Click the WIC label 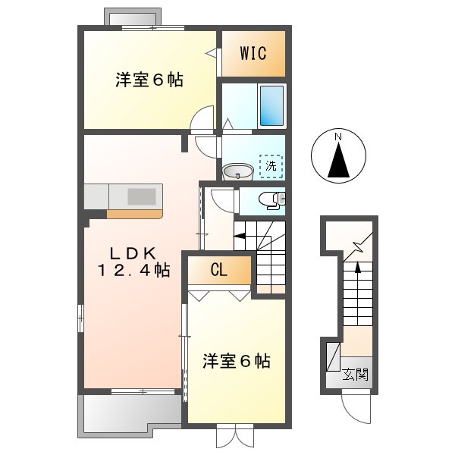tap(253, 53)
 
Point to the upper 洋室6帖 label tap(149, 80)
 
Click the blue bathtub tap(271, 105)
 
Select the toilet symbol tap(269, 199)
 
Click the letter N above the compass tap(340, 136)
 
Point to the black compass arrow tap(339, 161)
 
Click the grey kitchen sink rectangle tap(141, 196)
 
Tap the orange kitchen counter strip tap(134, 214)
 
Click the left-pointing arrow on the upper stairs tap(240, 237)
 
